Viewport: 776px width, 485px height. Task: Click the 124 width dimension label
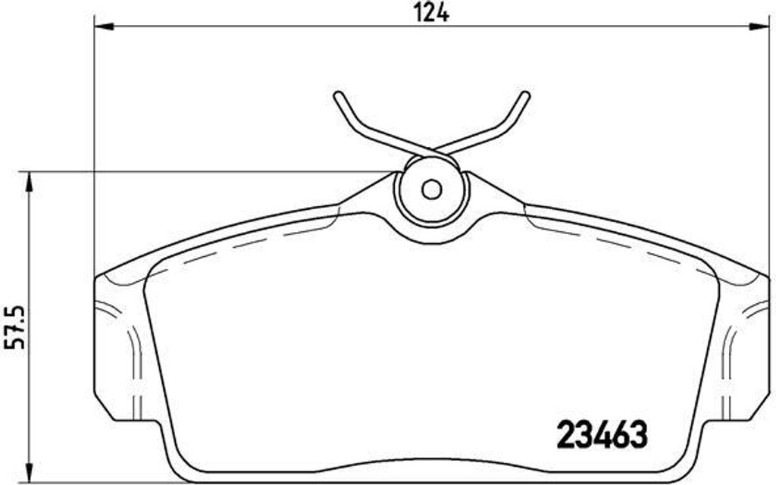[x=431, y=13]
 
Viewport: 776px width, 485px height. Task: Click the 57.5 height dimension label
[x=14, y=327]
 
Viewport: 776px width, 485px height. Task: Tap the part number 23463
[x=602, y=434]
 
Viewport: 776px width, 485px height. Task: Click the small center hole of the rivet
[x=431, y=189]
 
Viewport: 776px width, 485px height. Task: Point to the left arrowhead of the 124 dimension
[x=104, y=27]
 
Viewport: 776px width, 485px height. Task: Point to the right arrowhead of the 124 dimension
[x=759, y=27]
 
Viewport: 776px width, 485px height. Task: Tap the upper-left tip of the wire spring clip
[x=337, y=95]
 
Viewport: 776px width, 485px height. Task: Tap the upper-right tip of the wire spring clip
[x=526, y=95]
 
